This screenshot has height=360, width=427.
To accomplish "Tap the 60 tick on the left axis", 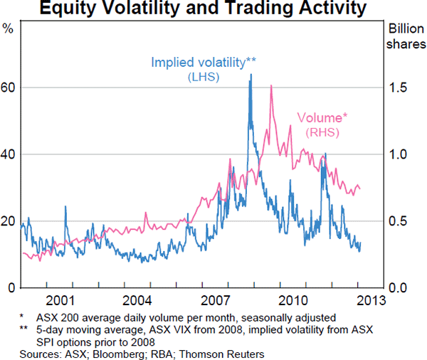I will click(9, 88).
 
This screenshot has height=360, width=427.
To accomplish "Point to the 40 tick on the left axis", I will click(9, 154).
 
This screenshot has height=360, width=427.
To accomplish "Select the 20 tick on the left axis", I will click(9, 221).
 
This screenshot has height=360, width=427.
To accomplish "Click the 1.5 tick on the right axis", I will click(399, 88).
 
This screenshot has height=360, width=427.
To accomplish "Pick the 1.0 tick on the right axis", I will click(399, 154).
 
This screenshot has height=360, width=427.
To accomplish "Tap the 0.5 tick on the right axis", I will click(399, 221).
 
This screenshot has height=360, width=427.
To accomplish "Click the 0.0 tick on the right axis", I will click(399, 287).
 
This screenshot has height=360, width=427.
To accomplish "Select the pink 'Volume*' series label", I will click(322, 117).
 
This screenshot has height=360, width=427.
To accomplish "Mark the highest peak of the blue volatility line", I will click(250, 74).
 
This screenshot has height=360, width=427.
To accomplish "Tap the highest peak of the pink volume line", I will click(271, 86).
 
